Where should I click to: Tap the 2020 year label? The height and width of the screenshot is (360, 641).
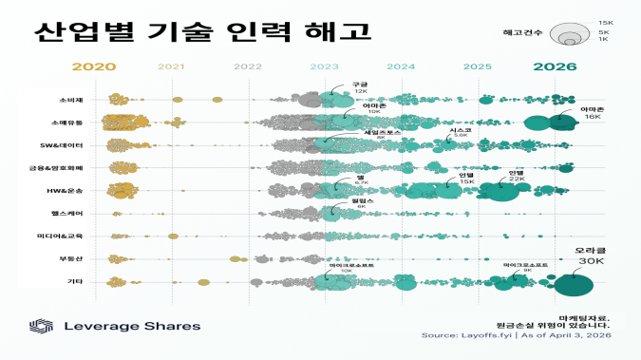click(x=93, y=66)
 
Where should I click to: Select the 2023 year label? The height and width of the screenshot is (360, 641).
click(x=324, y=67)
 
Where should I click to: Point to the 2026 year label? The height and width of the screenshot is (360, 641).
click(x=555, y=66)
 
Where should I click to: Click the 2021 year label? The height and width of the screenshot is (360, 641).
click(x=171, y=67)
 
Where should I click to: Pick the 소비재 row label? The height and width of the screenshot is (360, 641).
click(x=71, y=100)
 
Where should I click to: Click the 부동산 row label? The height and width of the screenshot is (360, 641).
click(x=71, y=258)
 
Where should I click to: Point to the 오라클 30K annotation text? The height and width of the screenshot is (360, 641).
click(x=591, y=256)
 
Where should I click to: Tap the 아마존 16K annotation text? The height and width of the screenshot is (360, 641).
click(x=592, y=113)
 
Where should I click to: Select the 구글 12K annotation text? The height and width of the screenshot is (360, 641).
click(x=360, y=87)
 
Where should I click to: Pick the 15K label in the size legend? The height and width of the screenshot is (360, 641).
click(x=604, y=22)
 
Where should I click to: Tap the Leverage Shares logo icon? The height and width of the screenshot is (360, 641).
click(x=40, y=326)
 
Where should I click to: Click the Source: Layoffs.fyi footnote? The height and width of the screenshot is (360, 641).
click(x=516, y=334)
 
